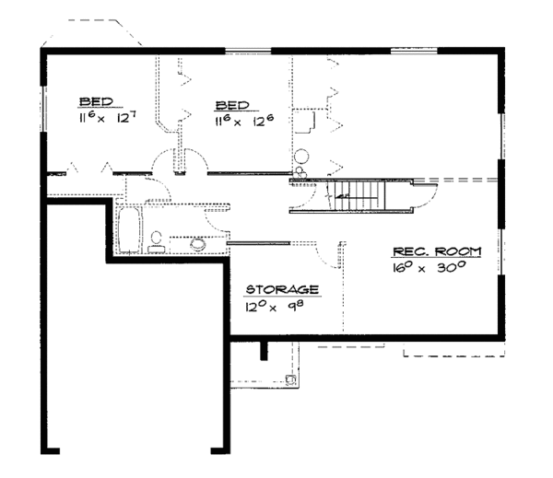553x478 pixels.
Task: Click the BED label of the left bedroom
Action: (96, 102)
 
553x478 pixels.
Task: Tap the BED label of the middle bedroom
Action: (232, 105)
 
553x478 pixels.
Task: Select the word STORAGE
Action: (282, 289)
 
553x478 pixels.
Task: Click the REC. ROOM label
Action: (437, 251)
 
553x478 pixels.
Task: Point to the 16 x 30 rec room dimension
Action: (429, 267)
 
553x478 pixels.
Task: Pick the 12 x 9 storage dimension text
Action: (275, 306)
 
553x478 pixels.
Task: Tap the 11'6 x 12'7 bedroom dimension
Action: (107, 117)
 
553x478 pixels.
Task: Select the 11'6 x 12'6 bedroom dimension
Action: (244, 121)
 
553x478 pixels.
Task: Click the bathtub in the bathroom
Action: (129, 230)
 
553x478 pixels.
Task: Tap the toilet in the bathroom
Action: (157, 242)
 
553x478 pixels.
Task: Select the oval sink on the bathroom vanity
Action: (198, 244)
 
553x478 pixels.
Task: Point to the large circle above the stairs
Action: (301, 157)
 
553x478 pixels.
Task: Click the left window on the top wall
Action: (248, 51)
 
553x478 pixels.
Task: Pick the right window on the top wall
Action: (414, 51)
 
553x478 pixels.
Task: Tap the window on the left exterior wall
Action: (43, 109)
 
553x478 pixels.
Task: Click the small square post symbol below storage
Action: (291, 379)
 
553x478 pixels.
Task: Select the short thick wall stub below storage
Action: (264, 351)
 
